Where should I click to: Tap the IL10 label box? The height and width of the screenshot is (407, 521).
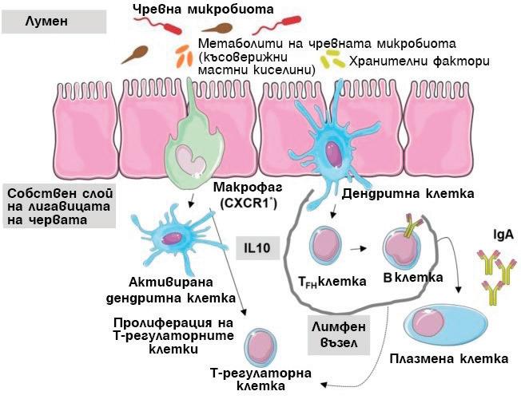pos(257,249)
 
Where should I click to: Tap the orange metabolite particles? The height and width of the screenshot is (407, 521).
pos(182,55)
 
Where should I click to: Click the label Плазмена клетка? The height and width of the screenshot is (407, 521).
pos(449,358)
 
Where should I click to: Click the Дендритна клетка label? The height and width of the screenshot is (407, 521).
pos(408,193)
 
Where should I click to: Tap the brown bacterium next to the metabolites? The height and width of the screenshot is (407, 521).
pos(136,53)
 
